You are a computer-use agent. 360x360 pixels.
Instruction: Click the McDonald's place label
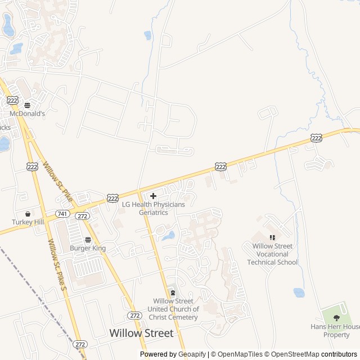[x=27, y=113]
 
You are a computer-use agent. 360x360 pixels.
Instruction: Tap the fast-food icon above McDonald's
[x=27, y=105]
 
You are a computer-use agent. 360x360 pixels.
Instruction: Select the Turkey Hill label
[x=28, y=222]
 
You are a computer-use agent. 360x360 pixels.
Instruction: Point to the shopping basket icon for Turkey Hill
[x=28, y=214]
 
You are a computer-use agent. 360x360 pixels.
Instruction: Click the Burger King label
[x=88, y=248]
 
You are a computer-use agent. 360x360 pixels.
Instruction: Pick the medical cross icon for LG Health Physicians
[x=153, y=196]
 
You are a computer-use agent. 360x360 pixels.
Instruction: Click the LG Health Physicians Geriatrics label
[x=153, y=208]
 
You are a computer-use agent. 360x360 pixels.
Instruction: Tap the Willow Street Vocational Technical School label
[x=272, y=254]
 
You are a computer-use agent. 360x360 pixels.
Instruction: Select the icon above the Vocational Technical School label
[x=273, y=237]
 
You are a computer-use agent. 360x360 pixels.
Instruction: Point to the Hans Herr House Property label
[x=336, y=331]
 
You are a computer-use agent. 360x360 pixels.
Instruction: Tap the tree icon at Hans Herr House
[x=336, y=318]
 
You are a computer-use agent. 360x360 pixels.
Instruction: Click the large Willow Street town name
[x=141, y=333]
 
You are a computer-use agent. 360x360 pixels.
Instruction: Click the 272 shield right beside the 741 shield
[x=83, y=216]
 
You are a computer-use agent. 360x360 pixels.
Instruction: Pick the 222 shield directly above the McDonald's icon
[x=13, y=100]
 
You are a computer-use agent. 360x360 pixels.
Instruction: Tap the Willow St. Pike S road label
[x=57, y=264]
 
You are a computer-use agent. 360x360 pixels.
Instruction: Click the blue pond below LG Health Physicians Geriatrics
[x=168, y=236]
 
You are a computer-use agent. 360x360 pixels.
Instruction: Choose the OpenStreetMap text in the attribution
[x=292, y=354]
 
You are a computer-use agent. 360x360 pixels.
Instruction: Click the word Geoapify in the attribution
[x=193, y=354]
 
